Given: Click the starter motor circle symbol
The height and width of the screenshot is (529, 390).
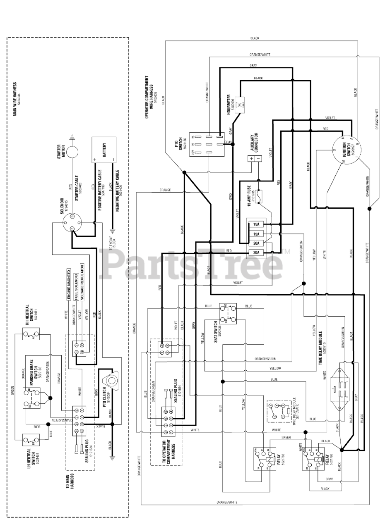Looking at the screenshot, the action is click(x=72, y=151).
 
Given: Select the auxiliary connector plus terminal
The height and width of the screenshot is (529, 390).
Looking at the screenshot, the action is click(x=252, y=159).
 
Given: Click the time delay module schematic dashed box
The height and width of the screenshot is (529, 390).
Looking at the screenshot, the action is click(x=281, y=411).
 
